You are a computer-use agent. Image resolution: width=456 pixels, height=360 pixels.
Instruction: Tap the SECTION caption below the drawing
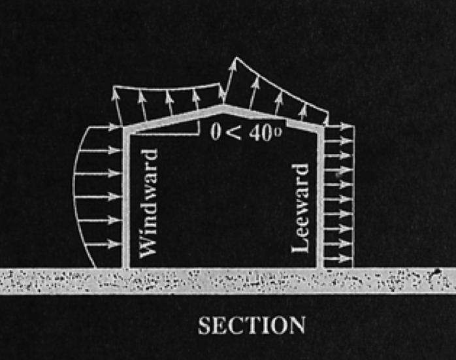[252, 325]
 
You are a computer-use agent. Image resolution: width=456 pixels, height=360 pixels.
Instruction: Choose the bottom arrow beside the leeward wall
[339, 259]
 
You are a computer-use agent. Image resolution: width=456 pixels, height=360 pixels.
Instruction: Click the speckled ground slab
[228, 280]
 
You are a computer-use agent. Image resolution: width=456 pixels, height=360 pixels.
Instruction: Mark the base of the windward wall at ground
[126, 266]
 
